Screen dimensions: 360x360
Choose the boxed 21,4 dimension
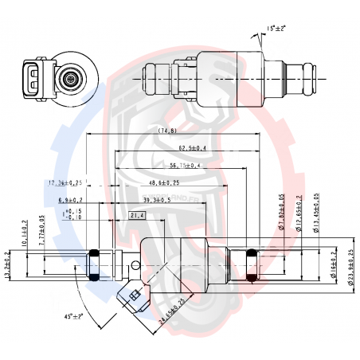tap(137, 215)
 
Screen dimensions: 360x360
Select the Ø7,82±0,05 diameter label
tap(282, 214)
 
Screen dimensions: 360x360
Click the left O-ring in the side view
tap(93, 265)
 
